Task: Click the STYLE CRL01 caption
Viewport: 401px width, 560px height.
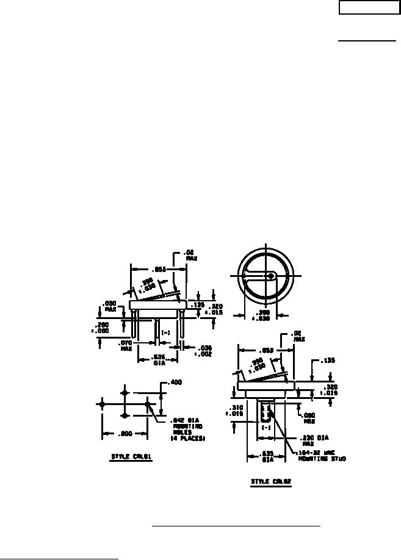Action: [132, 457]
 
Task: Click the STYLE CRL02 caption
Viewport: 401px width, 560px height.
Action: [271, 481]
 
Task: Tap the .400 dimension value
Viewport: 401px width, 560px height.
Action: [175, 382]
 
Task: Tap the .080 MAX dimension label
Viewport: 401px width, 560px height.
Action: [309, 418]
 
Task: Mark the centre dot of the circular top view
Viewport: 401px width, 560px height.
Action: [270, 276]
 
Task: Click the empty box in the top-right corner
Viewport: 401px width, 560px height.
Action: [368, 8]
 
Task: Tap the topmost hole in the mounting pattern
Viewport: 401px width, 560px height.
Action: [125, 392]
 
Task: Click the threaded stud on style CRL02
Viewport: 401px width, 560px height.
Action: [267, 410]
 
